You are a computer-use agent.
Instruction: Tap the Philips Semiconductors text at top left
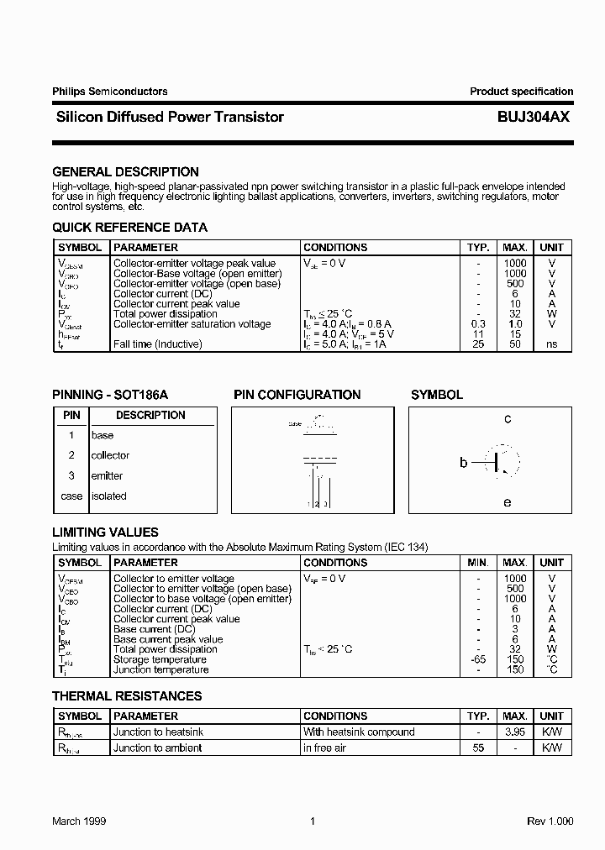(x=109, y=92)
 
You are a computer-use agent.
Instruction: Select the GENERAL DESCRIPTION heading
(x=125, y=172)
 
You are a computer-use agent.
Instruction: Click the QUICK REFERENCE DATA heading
(x=129, y=228)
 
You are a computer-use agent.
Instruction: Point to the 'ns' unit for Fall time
(x=551, y=344)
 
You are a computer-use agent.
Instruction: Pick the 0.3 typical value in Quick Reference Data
(x=478, y=324)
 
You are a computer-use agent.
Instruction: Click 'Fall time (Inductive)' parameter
(x=157, y=344)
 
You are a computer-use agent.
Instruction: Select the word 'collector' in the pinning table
(x=110, y=456)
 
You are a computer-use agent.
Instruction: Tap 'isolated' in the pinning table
(x=108, y=496)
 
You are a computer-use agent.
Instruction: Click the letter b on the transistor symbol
(x=463, y=462)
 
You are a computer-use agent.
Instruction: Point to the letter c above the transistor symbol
(x=508, y=418)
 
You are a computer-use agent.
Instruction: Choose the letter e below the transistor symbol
(x=507, y=502)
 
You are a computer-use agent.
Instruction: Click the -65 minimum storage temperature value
(x=478, y=660)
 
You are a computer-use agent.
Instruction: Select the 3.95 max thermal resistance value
(x=515, y=732)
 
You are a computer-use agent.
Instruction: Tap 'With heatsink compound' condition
(x=359, y=732)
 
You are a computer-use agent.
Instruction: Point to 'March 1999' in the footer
(x=79, y=821)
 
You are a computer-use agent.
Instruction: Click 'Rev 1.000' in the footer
(x=550, y=821)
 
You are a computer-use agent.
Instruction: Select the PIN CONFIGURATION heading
(x=297, y=395)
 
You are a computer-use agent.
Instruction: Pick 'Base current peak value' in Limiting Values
(x=168, y=640)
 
